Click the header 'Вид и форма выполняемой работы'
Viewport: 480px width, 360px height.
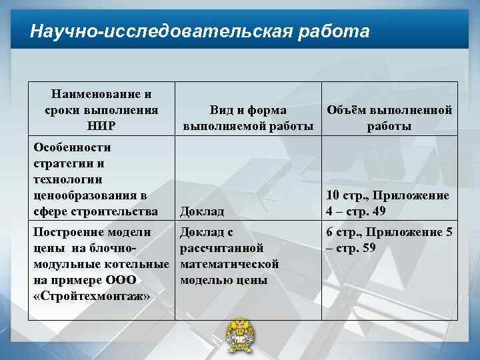[x=248, y=117]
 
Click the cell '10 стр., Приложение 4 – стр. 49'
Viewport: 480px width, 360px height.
[x=387, y=203]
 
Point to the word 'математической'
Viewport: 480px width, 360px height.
[x=230, y=264]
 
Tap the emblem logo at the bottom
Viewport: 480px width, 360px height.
[x=240, y=338]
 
